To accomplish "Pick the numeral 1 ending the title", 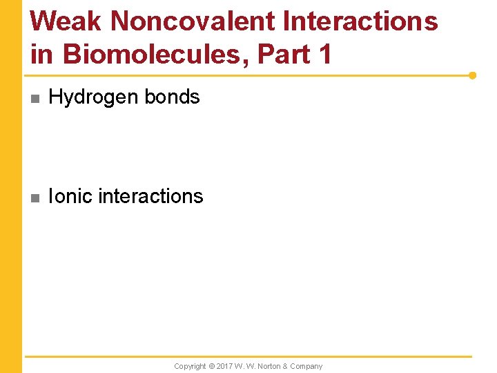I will click(x=325, y=53).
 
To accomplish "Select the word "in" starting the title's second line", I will click(x=42, y=53).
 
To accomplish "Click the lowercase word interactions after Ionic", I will click(x=151, y=196).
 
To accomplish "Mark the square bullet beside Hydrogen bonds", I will click(x=35, y=99).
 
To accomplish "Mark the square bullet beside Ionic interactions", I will click(x=35, y=198).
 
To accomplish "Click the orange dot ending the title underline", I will click(x=472, y=75).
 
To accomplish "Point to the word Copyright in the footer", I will click(x=190, y=366).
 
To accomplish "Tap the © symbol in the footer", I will click(x=212, y=366).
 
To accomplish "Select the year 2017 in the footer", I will click(x=225, y=366).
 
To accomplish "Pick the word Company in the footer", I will click(x=307, y=366).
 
